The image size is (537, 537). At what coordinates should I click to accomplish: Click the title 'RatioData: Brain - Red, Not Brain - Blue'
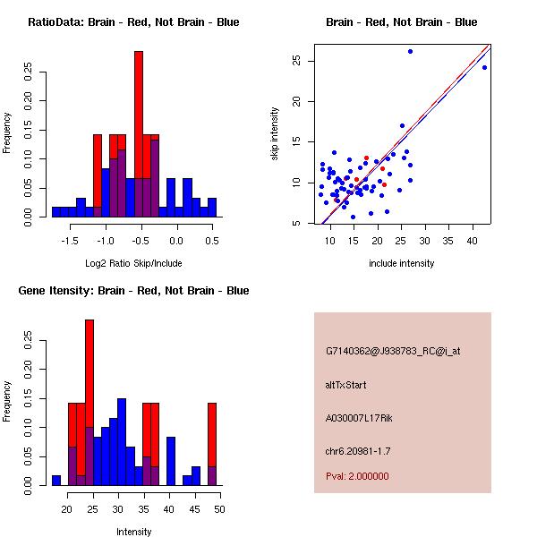133,22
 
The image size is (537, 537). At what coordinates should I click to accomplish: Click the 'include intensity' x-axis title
402,263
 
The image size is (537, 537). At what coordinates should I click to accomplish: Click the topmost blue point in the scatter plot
410,52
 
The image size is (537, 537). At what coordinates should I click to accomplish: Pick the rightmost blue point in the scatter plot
484,67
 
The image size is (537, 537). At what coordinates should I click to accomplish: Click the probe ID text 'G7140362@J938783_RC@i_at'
392,352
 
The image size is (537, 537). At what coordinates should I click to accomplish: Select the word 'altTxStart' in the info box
346,385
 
